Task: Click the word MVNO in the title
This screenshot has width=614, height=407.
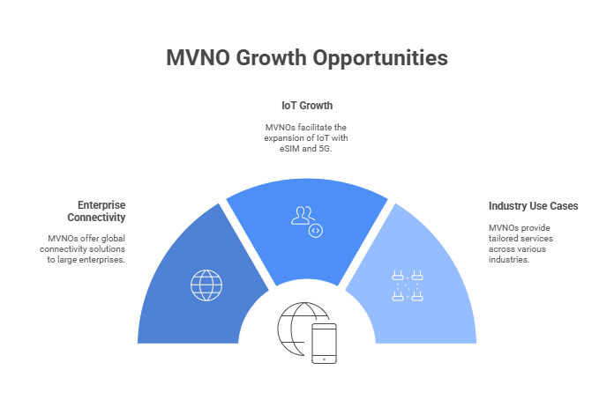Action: click(x=198, y=58)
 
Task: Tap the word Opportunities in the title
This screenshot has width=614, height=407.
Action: click(x=380, y=59)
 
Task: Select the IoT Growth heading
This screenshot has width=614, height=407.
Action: click(x=307, y=106)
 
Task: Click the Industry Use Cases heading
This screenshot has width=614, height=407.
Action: click(x=534, y=206)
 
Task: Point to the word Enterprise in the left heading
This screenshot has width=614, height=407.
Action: click(x=101, y=205)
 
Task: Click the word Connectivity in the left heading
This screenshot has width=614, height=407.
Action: click(x=96, y=218)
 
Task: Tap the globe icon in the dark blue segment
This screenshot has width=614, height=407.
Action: click(x=206, y=285)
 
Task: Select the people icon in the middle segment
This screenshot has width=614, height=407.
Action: click(x=303, y=216)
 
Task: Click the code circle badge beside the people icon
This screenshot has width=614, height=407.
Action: click(x=316, y=231)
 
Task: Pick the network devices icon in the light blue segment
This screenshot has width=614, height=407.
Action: click(x=408, y=285)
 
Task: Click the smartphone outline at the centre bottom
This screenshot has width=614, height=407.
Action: click(x=325, y=344)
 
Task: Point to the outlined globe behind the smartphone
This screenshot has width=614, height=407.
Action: click(x=297, y=329)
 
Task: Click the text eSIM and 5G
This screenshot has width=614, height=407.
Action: click(x=305, y=149)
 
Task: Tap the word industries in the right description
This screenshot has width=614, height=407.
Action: click(x=509, y=260)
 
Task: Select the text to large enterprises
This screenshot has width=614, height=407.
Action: click(x=86, y=260)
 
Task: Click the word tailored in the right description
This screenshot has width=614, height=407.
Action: click(x=502, y=239)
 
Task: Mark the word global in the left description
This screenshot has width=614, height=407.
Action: click(x=113, y=239)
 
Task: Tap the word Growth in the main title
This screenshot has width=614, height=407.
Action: click(x=271, y=58)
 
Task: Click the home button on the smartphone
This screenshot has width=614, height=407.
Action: click(x=325, y=359)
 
